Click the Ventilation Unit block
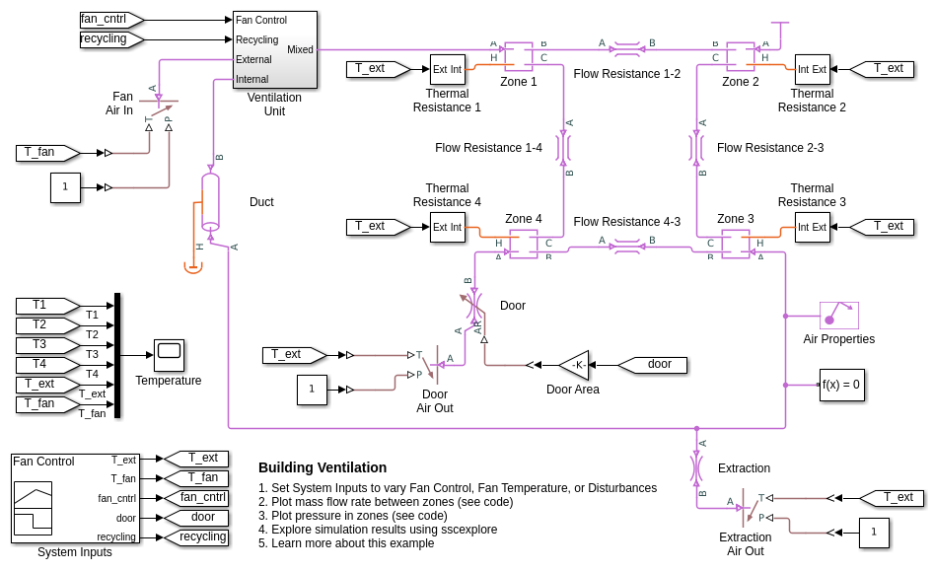[x=274, y=49]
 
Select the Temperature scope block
[x=169, y=355]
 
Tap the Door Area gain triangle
[x=575, y=365]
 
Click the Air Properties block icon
[x=838, y=316]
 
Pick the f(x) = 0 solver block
[x=841, y=385]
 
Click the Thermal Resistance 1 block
[x=447, y=69]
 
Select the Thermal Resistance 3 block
[x=812, y=227]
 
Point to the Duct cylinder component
[x=210, y=202]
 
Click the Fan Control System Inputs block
[x=75, y=498]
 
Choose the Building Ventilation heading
[x=323, y=467]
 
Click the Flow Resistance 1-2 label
[x=626, y=74]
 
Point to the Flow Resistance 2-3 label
[x=769, y=148]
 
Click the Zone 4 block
[x=523, y=243]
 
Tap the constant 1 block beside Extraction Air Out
[x=873, y=533]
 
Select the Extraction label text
[x=744, y=468]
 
